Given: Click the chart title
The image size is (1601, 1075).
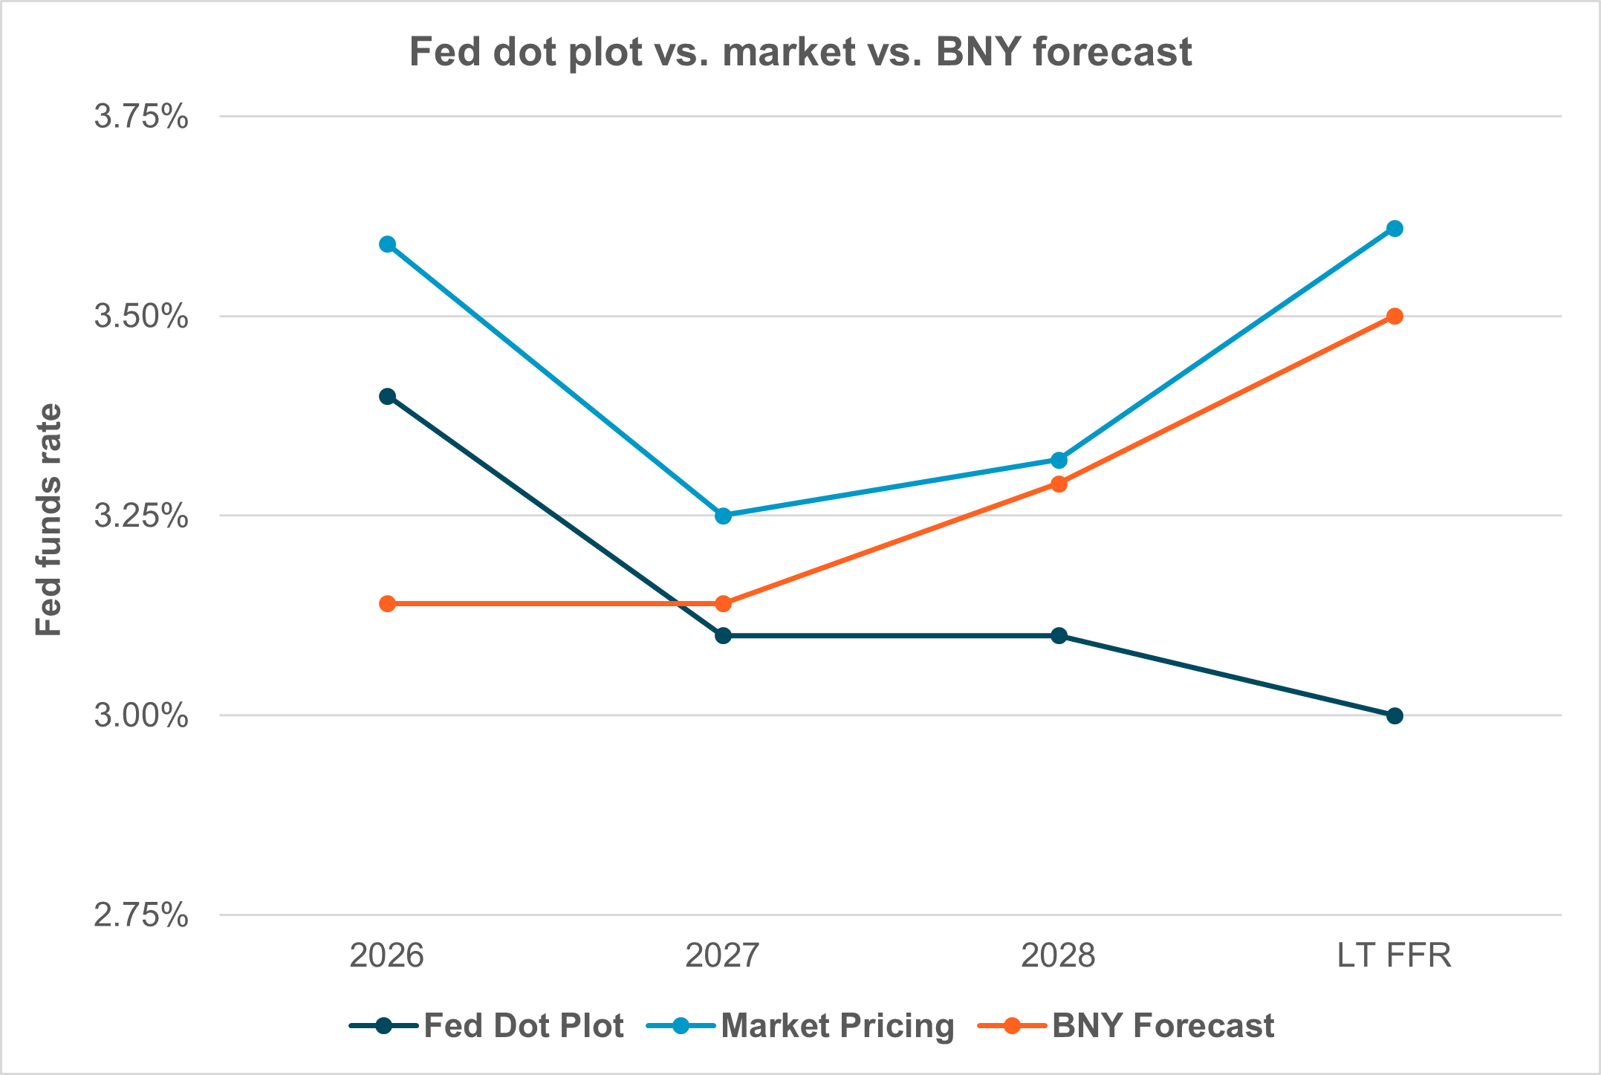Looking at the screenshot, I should [800, 52].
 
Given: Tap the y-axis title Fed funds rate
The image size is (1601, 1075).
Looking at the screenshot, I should [50, 519].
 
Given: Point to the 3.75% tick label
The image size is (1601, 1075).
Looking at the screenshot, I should [141, 117].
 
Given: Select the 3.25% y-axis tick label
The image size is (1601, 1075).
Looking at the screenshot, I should [141, 516].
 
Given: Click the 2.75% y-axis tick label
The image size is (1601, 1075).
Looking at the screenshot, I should [141, 915].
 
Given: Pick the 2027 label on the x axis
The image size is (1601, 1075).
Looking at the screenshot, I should [722, 955].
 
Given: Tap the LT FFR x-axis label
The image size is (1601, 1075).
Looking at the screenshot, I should [1394, 955].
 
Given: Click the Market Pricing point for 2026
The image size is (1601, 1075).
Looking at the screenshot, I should [387, 244].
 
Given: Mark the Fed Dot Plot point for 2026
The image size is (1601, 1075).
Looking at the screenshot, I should [387, 396].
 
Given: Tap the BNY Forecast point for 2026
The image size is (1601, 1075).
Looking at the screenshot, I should [387, 603].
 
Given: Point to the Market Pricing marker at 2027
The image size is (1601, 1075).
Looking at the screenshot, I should [723, 516].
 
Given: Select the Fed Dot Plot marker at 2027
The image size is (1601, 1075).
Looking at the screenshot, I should [723, 636].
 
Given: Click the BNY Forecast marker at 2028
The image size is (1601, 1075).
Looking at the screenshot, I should [1059, 484].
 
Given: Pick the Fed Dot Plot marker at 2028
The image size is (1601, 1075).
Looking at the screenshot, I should [1059, 636].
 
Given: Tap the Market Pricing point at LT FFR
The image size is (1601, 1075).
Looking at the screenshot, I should [1394, 228].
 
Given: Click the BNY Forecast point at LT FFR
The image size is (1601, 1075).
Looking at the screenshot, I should [1394, 316].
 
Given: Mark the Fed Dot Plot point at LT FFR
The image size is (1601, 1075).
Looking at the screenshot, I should [1394, 716].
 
